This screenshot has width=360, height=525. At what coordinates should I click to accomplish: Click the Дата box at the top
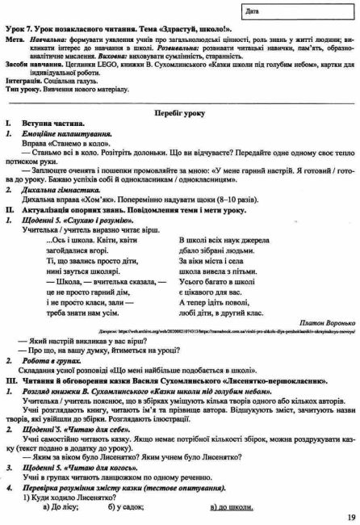coord(299,12)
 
